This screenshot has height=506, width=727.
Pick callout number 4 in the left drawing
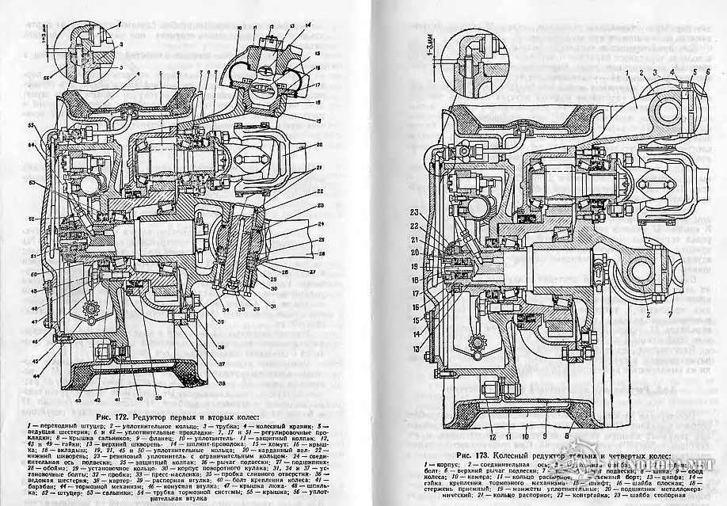pyautogui.click(x=135, y=73)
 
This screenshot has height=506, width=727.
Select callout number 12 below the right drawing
pyautogui.click(x=493, y=436)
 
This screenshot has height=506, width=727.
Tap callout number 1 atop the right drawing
pyautogui.click(x=627, y=72)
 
